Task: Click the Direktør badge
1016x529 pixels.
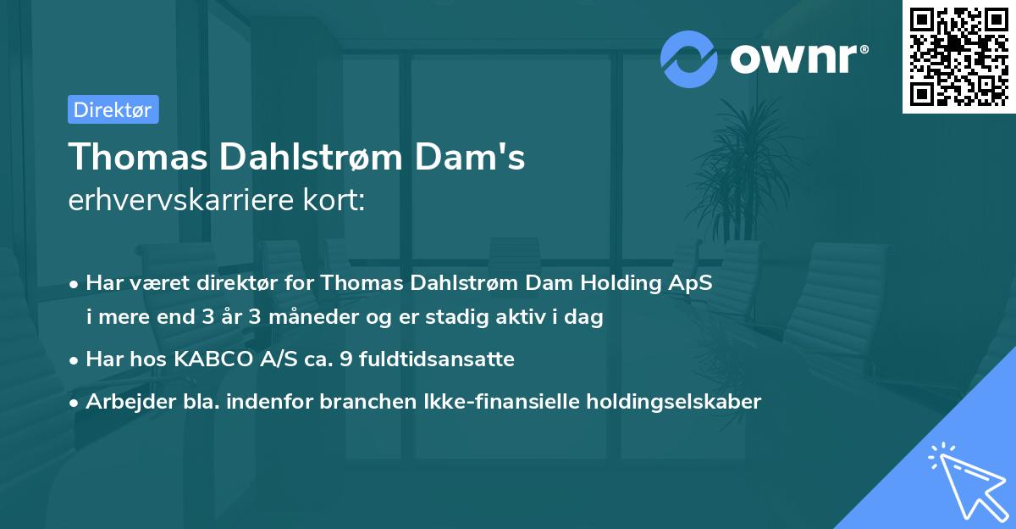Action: click(x=113, y=109)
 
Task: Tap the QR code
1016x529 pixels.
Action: click(x=959, y=57)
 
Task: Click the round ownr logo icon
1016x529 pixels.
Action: click(x=689, y=58)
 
